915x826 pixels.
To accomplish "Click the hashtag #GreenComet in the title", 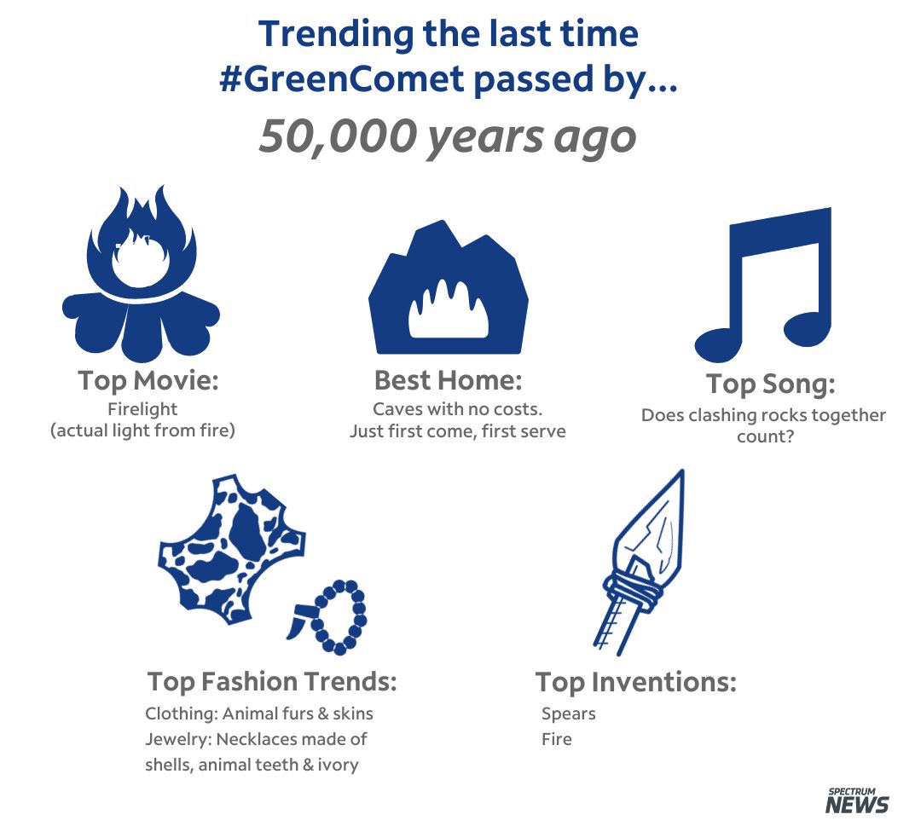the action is [341, 78].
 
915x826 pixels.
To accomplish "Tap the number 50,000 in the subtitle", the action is [336, 136].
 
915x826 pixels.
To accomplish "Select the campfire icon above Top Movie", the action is [141, 272].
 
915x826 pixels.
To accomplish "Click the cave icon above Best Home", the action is [449, 287].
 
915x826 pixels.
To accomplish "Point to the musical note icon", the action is [762, 284].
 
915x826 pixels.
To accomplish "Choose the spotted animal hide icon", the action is [232, 550].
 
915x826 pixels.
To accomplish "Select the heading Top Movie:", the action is [148, 381].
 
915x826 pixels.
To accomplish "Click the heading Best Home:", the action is [449, 380].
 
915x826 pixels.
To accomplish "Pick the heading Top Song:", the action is [770, 384].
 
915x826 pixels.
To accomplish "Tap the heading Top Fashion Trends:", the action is [272, 681].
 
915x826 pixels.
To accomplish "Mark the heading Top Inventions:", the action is [636, 682].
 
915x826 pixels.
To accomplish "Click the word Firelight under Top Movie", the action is [142, 409].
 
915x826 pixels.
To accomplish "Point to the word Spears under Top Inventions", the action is [569, 714].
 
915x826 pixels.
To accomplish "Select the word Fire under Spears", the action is [557, 739].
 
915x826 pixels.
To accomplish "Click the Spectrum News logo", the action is [857, 800].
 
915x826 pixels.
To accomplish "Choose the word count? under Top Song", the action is [765, 437].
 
